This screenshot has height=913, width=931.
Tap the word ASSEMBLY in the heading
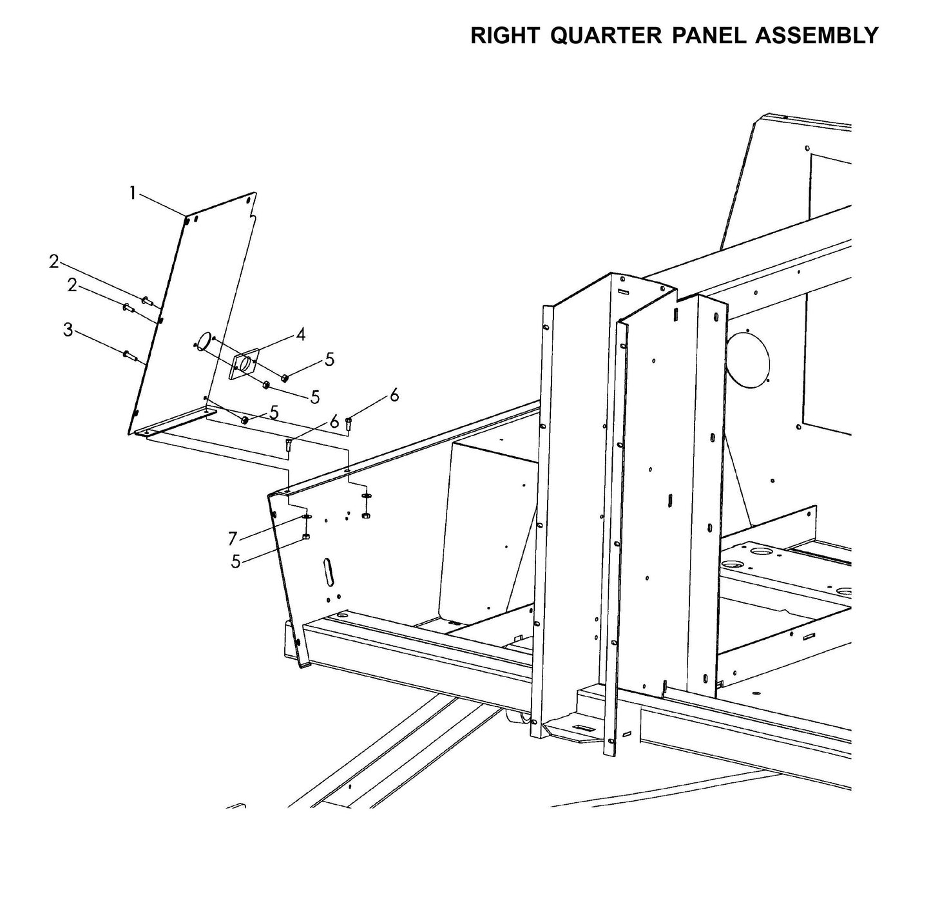(816, 35)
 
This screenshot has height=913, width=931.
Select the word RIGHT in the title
(506, 35)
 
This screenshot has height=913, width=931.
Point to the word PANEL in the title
(709, 35)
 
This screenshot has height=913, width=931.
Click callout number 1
(133, 193)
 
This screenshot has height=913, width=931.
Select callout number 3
(68, 331)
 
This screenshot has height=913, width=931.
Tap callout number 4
(300, 334)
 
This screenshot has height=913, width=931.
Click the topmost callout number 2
(54, 262)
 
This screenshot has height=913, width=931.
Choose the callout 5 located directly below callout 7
(236, 562)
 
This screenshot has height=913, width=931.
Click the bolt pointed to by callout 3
(129, 354)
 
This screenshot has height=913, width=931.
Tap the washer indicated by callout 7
(306, 517)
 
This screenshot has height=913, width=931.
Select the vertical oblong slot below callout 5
(329, 572)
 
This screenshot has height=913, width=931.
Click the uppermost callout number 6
(394, 395)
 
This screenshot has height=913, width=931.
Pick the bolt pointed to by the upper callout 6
(349, 423)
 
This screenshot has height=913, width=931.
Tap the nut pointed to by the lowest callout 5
(306, 536)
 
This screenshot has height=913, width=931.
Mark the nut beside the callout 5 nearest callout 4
(284, 377)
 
